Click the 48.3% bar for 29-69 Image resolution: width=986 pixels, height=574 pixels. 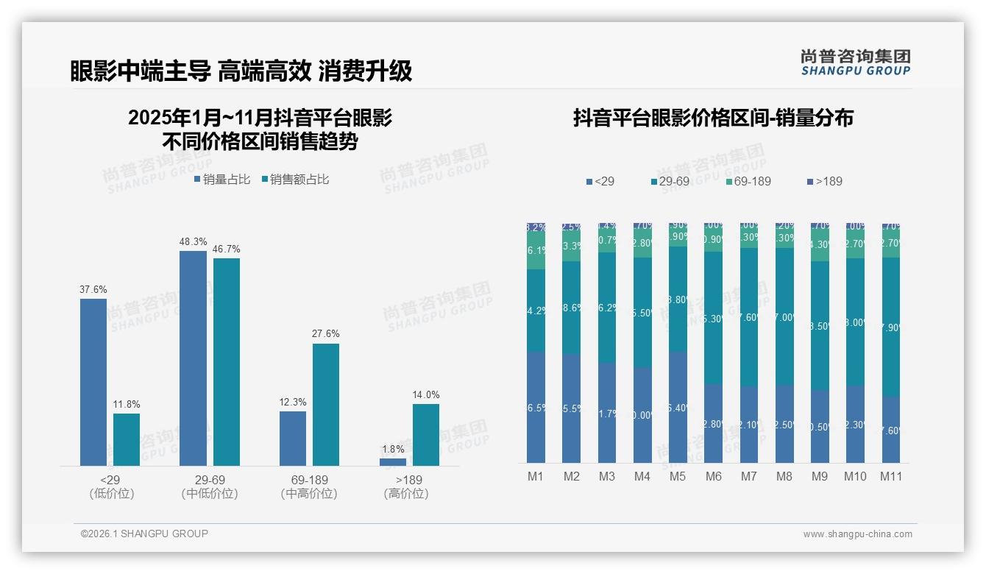point(193,358)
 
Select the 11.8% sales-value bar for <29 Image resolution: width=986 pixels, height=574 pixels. point(127,439)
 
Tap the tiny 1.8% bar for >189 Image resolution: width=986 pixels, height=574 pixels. point(393,462)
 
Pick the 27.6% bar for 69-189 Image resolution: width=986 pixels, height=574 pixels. point(326,405)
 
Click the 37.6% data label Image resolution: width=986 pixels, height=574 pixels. point(93,290)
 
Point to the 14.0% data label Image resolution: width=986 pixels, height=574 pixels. point(426,395)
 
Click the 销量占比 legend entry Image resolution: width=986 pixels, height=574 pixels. point(221,180)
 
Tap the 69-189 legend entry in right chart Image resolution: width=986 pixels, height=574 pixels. point(748,181)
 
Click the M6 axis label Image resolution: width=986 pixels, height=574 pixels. point(713,477)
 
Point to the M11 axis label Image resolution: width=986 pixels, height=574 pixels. point(891,477)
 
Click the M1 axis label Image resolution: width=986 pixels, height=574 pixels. point(535,477)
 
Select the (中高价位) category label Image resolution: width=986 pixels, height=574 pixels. point(309,494)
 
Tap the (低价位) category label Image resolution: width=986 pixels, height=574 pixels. point(112,494)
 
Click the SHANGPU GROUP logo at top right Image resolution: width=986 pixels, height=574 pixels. point(855,63)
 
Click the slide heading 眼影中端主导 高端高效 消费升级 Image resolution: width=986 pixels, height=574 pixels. point(241,71)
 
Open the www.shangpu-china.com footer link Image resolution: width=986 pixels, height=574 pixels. point(857,534)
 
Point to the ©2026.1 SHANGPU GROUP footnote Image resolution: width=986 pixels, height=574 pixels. point(144,534)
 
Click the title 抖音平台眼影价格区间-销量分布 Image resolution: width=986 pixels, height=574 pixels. point(712,118)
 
